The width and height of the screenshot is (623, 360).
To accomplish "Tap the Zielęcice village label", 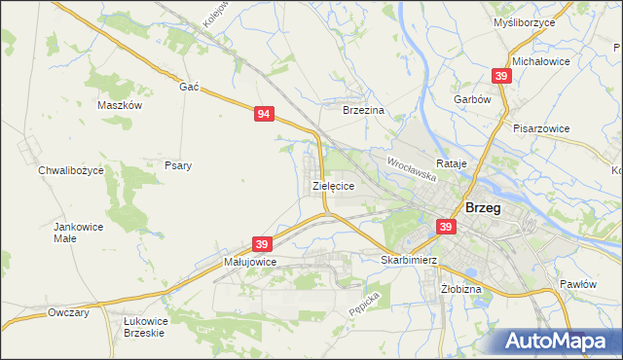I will click(x=332, y=184).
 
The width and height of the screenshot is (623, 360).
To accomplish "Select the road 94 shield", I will click(x=264, y=114).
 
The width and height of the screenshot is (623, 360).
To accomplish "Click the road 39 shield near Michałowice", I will click(x=500, y=76).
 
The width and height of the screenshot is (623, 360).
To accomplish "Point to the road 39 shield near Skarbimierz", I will click(x=446, y=227).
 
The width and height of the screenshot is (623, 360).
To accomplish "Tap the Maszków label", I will click(x=121, y=105).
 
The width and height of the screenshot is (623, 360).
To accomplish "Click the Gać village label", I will click(x=189, y=87).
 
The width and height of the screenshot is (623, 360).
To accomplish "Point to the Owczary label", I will click(x=68, y=312).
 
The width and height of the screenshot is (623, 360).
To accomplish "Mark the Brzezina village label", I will click(x=365, y=111).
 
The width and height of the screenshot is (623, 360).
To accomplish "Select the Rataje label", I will click(x=453, y=163).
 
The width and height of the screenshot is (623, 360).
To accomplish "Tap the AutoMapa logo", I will click(x=558, y=342).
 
